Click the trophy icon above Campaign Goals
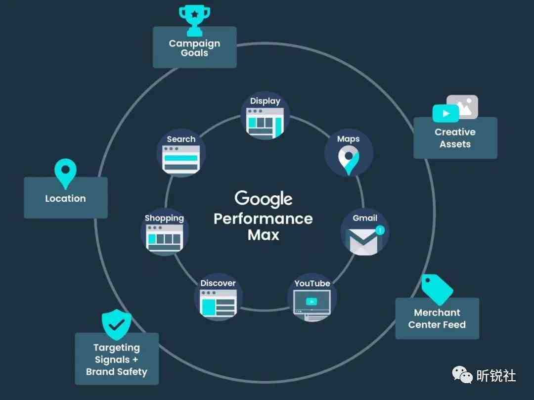(194, 20)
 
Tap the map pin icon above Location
(65, 174)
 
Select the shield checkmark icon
(117, 324)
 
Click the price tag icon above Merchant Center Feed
(437, 289)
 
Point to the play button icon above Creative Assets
(445, 113)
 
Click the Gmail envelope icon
(364, 241)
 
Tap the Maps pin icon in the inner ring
(349, 160)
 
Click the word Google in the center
(263, 199)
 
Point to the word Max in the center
(263, 235)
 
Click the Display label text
(265, 101)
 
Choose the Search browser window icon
(181, 159)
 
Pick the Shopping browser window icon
(165, 238)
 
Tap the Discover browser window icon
(218, 303)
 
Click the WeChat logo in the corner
(462, 374)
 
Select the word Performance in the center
(263, 219)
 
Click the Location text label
(65, 198)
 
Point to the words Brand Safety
(117, 372)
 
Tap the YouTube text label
(312, 283)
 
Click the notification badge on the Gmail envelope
(380, 230)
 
